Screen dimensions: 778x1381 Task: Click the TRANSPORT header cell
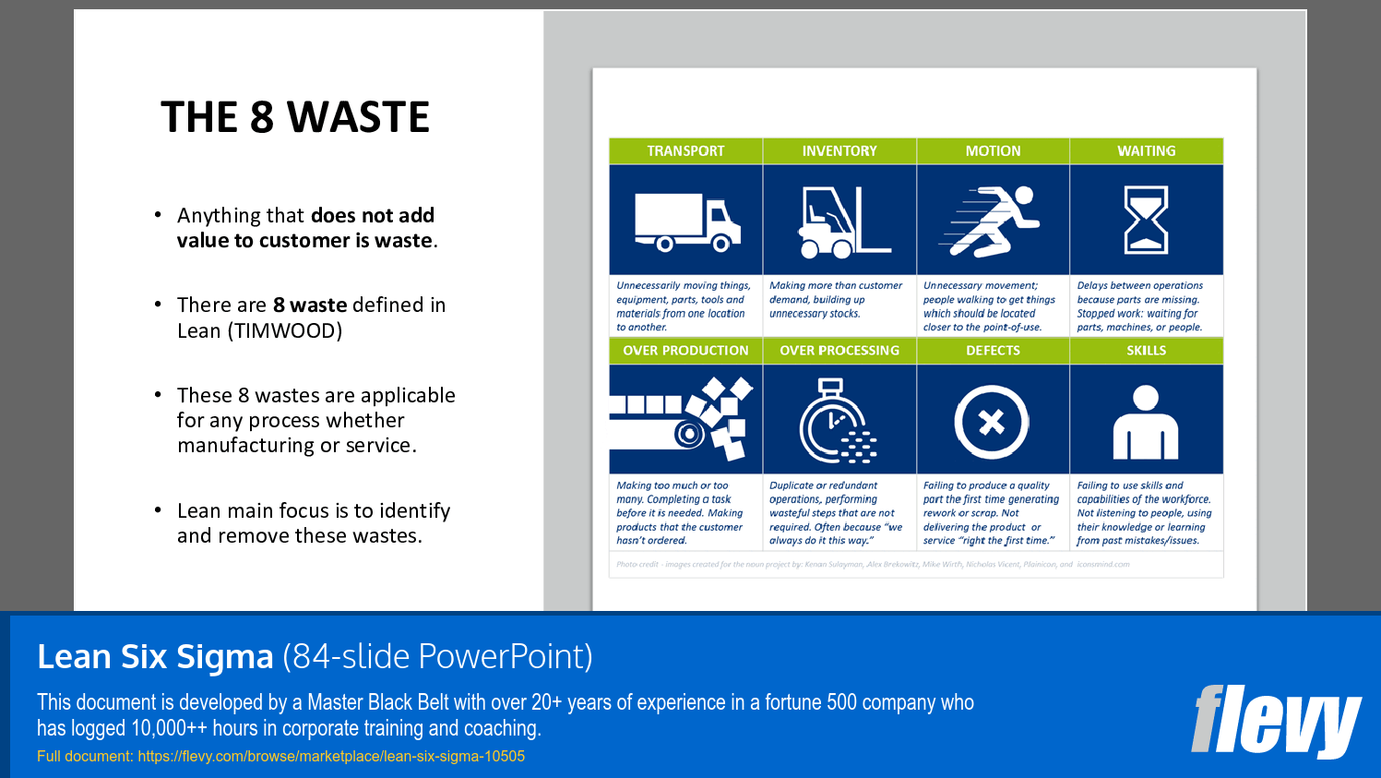tap(685, 151)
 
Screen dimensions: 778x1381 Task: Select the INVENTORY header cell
tap(839, 151)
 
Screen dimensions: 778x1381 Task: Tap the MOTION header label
tap(993, 151)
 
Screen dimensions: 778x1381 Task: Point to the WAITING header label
tap(1146, 151)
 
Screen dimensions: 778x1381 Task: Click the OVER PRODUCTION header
tap(685, 351)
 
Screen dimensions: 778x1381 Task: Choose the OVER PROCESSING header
tap(839, 351)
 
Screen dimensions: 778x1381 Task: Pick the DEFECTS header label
tap(993, 351)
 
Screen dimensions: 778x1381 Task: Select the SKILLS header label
tap(1146, 351)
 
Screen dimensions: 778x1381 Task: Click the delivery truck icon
tap(687, 222)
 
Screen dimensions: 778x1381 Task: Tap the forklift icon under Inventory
tap(840, 221)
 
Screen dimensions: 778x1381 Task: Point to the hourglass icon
tap(1146, 220)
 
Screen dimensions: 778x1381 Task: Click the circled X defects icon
tap(992, 422)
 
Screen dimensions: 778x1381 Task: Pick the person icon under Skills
tap(1146, 423)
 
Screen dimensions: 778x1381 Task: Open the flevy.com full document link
tap(331, 757)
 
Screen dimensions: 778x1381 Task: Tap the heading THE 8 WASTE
tap(295, 117)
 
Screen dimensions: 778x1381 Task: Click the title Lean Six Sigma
tap(156, 657)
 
